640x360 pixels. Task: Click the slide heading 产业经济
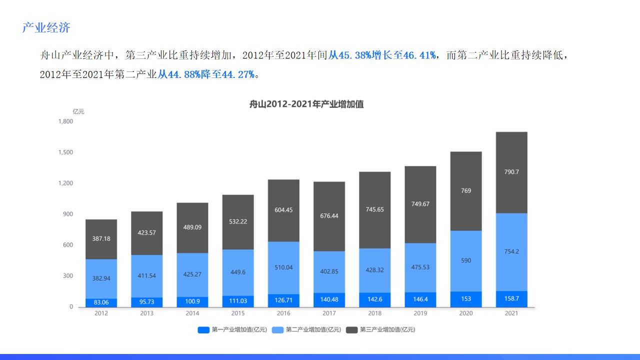tap(46, 28)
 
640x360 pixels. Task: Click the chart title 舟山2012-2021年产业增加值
tap(306, 104)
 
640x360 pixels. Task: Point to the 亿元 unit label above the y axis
tap(78, 111)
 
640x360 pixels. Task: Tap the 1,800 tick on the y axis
tap(65, 121)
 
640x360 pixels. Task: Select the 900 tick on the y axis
tap(67, 214)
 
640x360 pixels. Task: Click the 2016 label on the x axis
tap(283, 313)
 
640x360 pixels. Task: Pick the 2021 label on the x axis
tap(511, 313)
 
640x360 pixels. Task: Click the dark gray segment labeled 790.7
tap(511, 172)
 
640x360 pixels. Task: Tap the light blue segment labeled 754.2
tap(511, 251)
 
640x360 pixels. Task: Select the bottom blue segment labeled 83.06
tap(101, 302)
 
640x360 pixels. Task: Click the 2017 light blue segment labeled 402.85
tap(329, 271)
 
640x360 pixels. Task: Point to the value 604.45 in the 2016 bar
tap(283, 210)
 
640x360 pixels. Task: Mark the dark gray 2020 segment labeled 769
tap(466, 190)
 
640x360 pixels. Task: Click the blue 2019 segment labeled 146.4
tap(420, 299)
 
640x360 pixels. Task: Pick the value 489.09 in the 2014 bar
tap(192, 227)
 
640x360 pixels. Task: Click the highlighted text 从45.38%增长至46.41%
tap(382, 55)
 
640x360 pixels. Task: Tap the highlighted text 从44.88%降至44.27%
tap(206, 75)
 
